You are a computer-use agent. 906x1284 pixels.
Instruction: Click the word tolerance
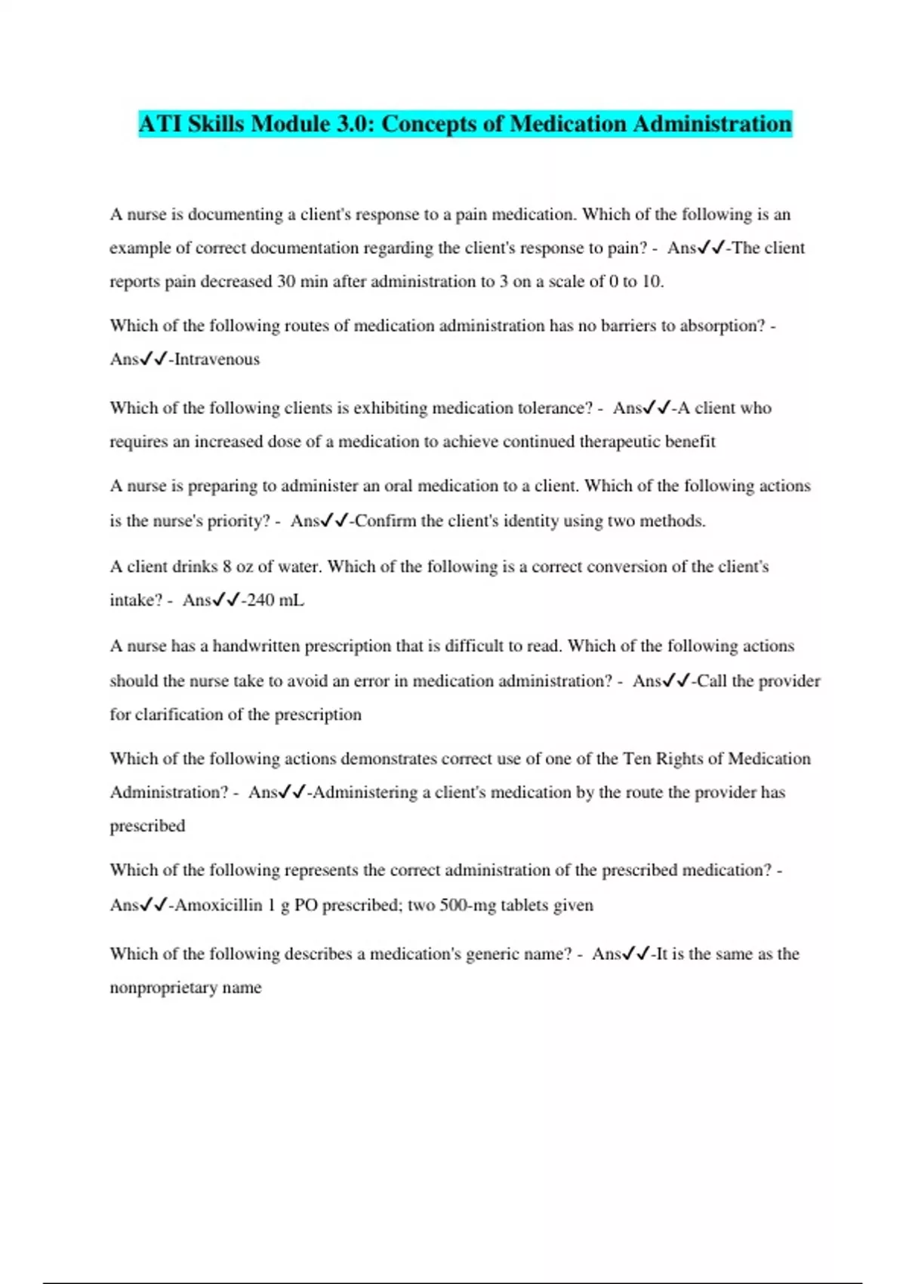click(x=550, y=409)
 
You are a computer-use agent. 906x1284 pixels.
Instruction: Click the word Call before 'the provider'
click(x=711, y=681)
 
